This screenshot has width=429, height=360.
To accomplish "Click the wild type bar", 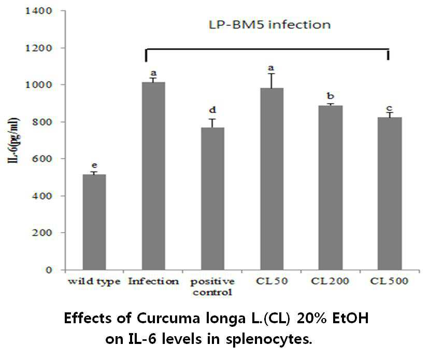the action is (x=94, y=222).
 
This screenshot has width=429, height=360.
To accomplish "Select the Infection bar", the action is (x=153, y=176).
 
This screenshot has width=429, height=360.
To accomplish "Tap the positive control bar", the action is (x=212, y=199).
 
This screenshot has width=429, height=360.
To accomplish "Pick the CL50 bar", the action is (x=271, y=179).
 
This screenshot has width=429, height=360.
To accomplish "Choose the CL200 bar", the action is (x=331, y=188).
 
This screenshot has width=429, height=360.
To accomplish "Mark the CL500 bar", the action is (x=390, y=194).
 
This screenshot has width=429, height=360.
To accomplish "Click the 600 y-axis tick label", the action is (x=42, y=159).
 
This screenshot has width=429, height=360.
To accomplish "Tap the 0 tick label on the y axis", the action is (x=49, y=270).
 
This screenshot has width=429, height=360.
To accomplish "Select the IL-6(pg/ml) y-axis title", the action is (x=13, y=140).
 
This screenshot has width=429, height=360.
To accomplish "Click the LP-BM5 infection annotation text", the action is (x=270, y=25).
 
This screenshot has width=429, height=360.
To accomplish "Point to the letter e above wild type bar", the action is (x=94, y=166).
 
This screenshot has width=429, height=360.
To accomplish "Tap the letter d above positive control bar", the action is (x=212, y=110).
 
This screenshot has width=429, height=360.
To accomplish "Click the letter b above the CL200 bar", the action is (x=331, y=96).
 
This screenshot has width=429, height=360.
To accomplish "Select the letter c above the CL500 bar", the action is (x=390, y=108).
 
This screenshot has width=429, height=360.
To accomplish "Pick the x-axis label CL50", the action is (x=271, y=281).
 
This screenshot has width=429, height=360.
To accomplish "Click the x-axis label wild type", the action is (x=94, y=281).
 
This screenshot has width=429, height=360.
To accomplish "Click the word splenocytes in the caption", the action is (x=269, y=339).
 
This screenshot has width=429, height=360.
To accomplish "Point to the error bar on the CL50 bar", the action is (x=271, y=81).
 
